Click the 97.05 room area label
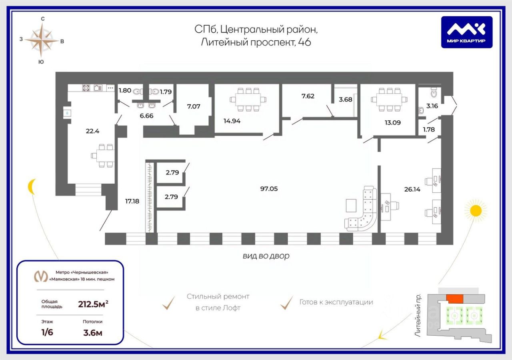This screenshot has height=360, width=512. [x=269, y=189]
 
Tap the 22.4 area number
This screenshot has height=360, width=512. [x=92, y=131]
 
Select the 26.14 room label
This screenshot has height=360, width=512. [x=412, y=189]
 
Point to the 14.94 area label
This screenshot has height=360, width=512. [x=232, y=121]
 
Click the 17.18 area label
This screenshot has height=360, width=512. [x=132, y=201]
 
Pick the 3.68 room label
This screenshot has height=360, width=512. [x=345, y=100]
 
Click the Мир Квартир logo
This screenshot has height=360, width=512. [x=466, y=32]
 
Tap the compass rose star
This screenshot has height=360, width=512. [x=42, y=40]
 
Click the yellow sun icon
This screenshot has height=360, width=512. [x=476, y=211]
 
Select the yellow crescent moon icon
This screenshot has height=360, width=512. [x=31, y=186]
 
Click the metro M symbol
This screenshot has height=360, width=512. [x=41, y=276]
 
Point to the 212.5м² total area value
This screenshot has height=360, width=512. [x=93, y=304]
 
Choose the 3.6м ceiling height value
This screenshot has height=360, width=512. [x=92, y=333]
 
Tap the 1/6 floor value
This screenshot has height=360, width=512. [x=47, y=332]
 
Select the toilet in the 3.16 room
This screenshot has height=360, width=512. [x=434, y=92]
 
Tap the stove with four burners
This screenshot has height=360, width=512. [x=86, y=88]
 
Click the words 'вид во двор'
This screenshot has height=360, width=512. [x=266, y=256]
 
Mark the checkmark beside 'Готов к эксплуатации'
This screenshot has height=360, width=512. [x=286, y=303]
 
